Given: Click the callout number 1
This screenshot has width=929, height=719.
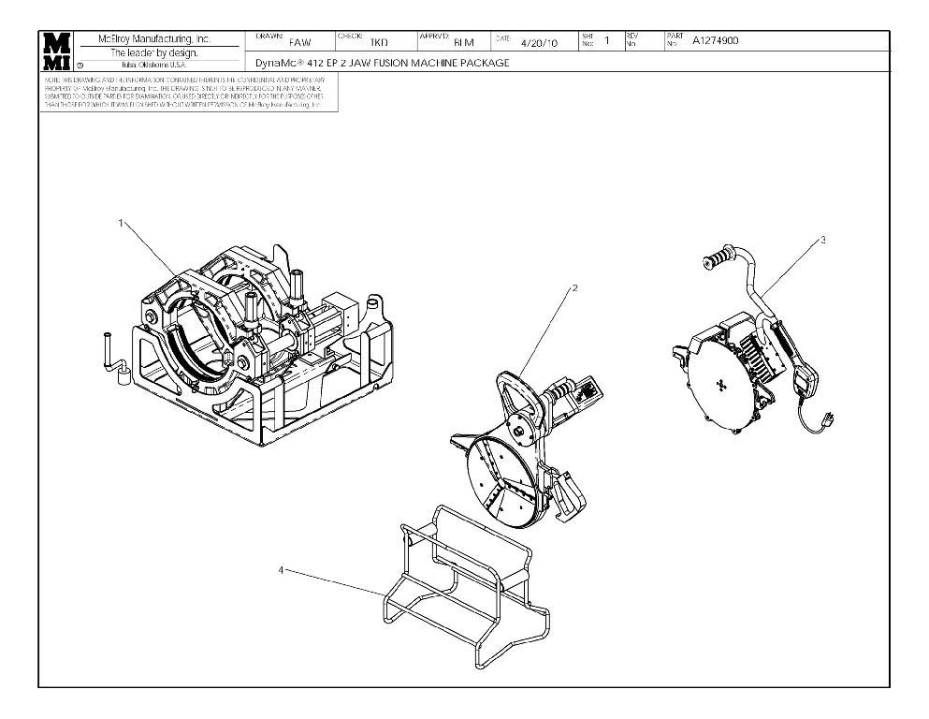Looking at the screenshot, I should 121,222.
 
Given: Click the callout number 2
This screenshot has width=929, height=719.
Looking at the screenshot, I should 574,287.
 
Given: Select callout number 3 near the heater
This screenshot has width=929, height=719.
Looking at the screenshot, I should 822,240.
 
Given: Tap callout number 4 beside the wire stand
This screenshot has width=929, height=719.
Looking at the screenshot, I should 282,567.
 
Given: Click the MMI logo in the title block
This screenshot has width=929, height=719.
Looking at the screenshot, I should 57,51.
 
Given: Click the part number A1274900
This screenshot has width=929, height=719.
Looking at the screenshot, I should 715,40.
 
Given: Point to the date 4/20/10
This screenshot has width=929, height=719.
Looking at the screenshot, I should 538,42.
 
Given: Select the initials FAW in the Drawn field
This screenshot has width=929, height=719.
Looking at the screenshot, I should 299,42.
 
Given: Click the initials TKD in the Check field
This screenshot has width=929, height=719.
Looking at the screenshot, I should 379,42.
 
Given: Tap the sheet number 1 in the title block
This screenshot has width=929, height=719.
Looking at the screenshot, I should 606,40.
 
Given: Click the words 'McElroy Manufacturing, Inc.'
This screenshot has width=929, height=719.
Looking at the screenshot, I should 155,39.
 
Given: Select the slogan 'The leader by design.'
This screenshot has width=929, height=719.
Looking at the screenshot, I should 155,52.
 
